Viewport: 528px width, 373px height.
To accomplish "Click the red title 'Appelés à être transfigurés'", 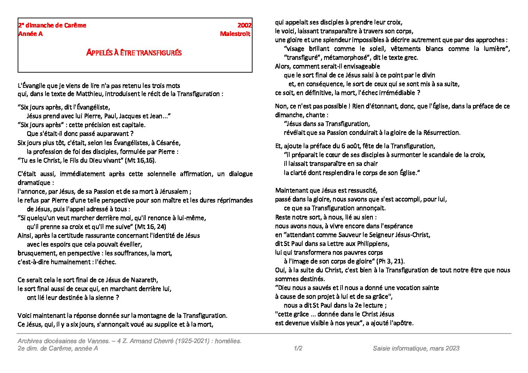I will pos(134,53).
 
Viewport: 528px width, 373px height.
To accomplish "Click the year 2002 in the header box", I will pos(244,25).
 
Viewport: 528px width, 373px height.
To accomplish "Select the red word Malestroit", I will pos(235,34).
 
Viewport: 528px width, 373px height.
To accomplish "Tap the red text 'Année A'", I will pos(30,34).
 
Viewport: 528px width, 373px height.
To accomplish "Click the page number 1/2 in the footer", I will pos(298,348).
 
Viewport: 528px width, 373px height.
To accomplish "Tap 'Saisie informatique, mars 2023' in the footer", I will pos(416,348).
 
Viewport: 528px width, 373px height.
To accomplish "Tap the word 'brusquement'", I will pos(35,253).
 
